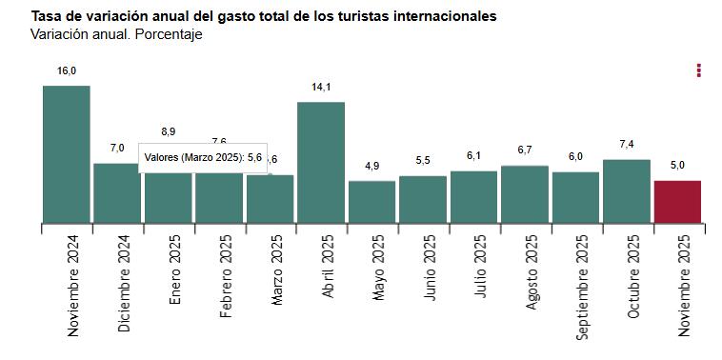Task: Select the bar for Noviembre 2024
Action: coord(66,154)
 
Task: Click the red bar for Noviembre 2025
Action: coord(677,202)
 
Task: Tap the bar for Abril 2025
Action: coord(321,162)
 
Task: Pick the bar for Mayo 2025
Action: coord(371,202)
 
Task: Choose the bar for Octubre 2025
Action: coord(627,190)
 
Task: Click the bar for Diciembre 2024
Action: coord(117,193)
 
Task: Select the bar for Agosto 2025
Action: coord(525,194)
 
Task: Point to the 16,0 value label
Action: coord(66,70)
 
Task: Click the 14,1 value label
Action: coord(321,87)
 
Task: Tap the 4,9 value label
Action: coord(371,166)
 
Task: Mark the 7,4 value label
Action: coord(627,144)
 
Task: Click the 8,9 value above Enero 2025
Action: coord(169,131)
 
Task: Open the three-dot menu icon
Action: coord(699,70)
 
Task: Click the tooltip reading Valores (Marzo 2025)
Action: coord(203,158)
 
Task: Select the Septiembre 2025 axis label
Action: coord(584,289)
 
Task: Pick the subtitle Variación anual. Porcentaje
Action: coord(116,35)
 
